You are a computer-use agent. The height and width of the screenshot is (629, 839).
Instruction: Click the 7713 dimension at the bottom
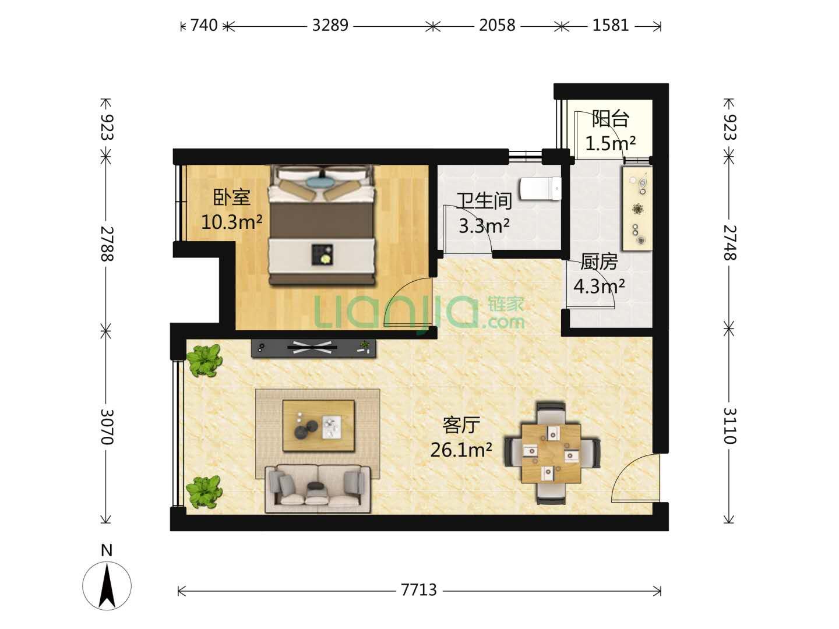tap(419, 589)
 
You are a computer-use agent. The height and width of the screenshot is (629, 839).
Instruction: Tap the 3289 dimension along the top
tap(330, 26)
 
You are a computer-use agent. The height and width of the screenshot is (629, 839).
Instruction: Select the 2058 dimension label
tap(498, 26)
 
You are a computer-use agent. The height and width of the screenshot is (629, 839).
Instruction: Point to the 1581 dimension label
tap(611, 26)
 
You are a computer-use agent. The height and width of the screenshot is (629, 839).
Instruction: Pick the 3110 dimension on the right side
tap(729, 426)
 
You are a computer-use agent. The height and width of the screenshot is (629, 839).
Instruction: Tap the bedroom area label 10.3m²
tap(232, 221)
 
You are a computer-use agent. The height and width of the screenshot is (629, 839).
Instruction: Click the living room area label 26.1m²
tap(461, 450)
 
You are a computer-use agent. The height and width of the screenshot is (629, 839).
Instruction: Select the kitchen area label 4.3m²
tap(600, 286)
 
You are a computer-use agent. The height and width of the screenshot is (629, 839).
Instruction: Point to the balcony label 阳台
tap(611, 119)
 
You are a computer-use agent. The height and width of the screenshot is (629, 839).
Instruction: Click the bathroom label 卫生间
tap(484, 201)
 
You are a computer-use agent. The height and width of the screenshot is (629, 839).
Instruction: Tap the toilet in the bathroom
tap(541, 188)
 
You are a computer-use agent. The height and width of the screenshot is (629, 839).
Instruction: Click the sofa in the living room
tap(318, 489)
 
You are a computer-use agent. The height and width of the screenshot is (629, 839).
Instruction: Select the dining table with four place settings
tap(551, 453)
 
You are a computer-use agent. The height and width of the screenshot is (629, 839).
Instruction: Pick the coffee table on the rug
tap(318, 426)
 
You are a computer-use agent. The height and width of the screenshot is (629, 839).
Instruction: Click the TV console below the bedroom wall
tap(313, 348)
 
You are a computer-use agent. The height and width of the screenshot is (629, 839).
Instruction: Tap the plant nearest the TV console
tap(204, 360)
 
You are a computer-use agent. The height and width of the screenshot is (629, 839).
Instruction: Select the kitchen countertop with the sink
tap(637, 209)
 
